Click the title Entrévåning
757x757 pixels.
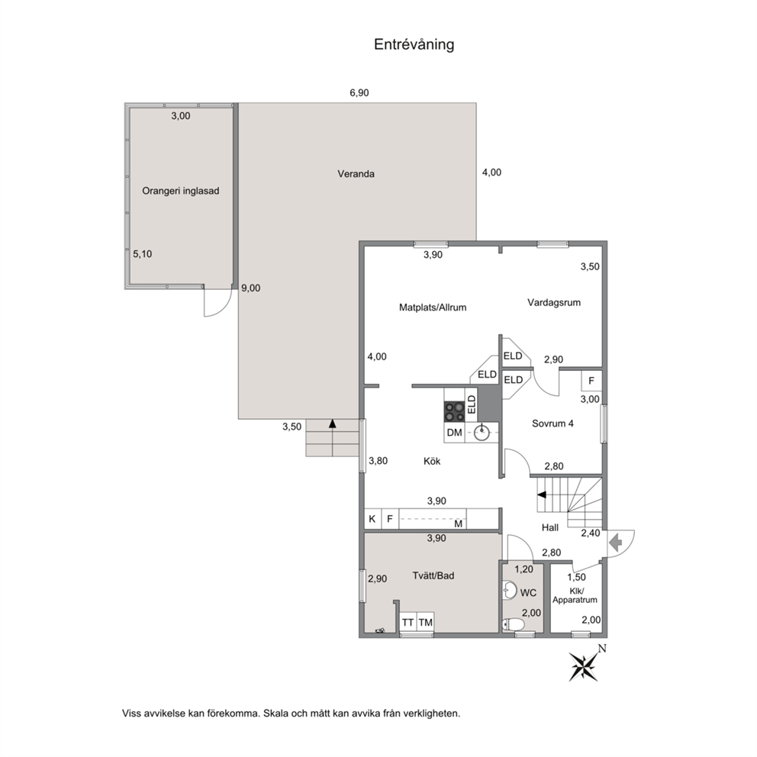pos(414,44)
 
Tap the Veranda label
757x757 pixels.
pos(356,174)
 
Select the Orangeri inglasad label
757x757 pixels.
pos(181,191)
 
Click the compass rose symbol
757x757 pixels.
pos(585,666)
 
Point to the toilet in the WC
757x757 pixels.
pos(513,625)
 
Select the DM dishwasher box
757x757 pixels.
pos(454,433)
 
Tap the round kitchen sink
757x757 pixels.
pos(482,433)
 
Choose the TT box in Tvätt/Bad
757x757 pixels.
pos(408,622)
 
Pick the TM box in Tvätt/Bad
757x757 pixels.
pos(425,622)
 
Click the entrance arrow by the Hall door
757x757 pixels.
pos(616,543)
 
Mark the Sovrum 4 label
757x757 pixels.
pos(552,424)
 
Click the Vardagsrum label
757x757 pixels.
pos(554,303)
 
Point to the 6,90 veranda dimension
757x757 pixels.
pos(359,92)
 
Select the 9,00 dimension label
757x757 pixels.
pos(250,288)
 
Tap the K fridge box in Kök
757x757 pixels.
pos(372,519)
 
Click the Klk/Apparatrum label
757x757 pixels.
pos(575,596)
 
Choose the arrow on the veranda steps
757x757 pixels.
pos(332,424)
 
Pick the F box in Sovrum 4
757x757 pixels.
pos(591,381)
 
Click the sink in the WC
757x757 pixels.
pos(509,590)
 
